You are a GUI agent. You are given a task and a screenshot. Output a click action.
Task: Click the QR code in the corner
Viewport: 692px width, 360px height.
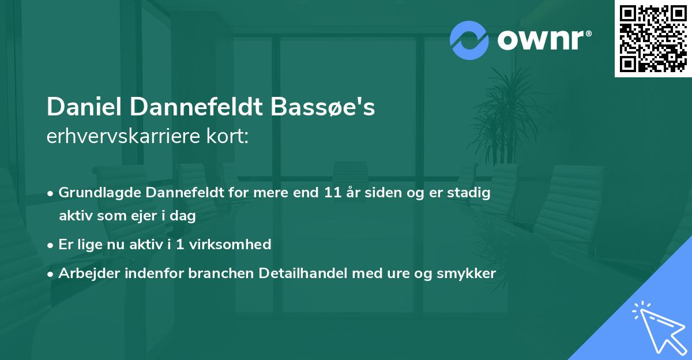coord(653,38)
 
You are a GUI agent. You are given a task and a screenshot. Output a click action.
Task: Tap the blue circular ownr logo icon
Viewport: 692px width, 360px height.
coord(469,40)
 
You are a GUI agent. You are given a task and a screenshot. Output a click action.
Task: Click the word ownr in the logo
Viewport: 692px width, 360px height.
coord(543,40)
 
